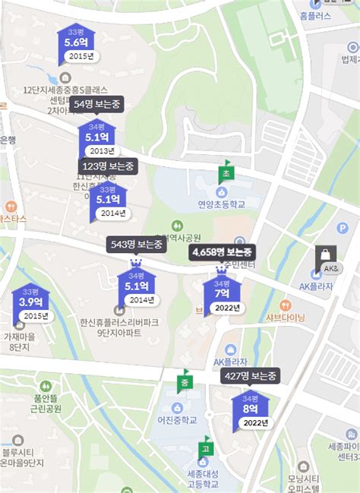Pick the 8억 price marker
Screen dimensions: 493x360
click(x=251, y=408)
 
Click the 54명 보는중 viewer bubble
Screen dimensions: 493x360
click(x=96, y=103)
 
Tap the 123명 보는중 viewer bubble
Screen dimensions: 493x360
click(x=107, y=166)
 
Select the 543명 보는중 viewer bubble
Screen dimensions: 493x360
click(x=136, y=245)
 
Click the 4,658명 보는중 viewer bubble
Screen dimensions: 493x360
click(x=223, y=251)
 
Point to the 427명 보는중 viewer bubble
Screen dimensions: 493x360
click(x=251, y=375)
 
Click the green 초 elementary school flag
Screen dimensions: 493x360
click(x=226, y=173)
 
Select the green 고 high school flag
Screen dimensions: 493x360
click(x=205, y=447)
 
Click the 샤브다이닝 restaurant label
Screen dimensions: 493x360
click(x=285, y=317)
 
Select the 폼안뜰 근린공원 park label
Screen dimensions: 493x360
click(x=42, y=402)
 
